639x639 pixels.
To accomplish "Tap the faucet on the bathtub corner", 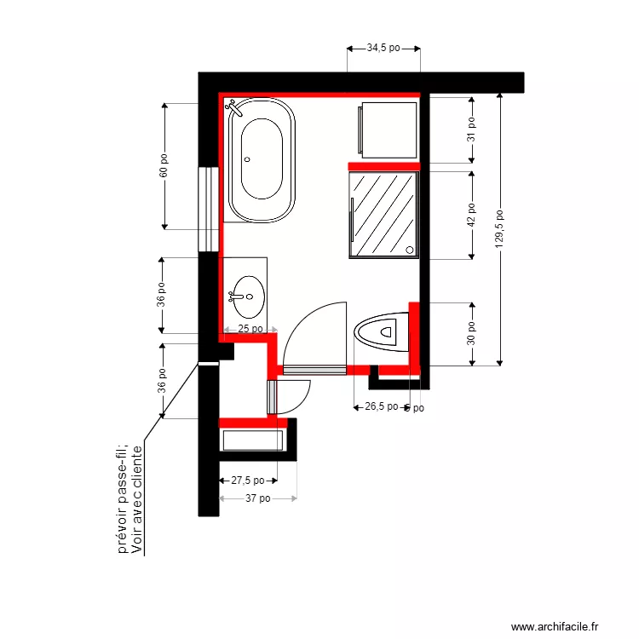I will [x=233, y=108].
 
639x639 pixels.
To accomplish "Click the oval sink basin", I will [x=246, y=296].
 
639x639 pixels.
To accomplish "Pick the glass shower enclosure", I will [x=384, y=213].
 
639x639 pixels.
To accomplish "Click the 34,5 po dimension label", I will [x=383, y=49].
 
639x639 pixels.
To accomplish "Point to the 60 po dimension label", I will [x=164, y=165].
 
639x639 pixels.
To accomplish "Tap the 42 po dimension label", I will [x=470, y=215].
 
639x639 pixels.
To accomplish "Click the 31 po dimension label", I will [x=470, y=130].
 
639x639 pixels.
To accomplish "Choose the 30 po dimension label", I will [x=470, y=333].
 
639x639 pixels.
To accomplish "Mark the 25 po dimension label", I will [x=250, y=329].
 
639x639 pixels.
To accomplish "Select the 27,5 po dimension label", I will [x=248, y=481].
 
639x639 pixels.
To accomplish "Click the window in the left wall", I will [x=208, y=209].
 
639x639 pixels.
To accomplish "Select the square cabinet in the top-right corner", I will [x=389, y=130].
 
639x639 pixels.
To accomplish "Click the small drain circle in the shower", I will [x=410, y=250].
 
